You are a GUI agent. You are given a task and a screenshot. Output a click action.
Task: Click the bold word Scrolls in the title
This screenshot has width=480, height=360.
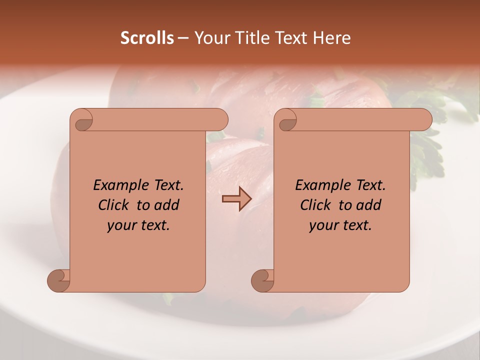tap(147, 38)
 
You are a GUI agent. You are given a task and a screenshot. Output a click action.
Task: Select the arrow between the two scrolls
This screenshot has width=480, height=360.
tap(236, 199)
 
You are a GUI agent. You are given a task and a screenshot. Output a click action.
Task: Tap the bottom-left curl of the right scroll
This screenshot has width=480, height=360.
tap(262, 280)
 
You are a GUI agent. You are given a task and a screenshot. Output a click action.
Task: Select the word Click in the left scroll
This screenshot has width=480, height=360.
tap(114, 205)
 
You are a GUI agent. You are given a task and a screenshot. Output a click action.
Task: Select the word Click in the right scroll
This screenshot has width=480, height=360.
tap(315, 205)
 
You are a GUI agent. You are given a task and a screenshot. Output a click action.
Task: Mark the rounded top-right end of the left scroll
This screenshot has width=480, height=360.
tap(220, 120)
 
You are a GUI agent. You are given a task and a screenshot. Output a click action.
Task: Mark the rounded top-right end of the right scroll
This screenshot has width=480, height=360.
tap(424, 120)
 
